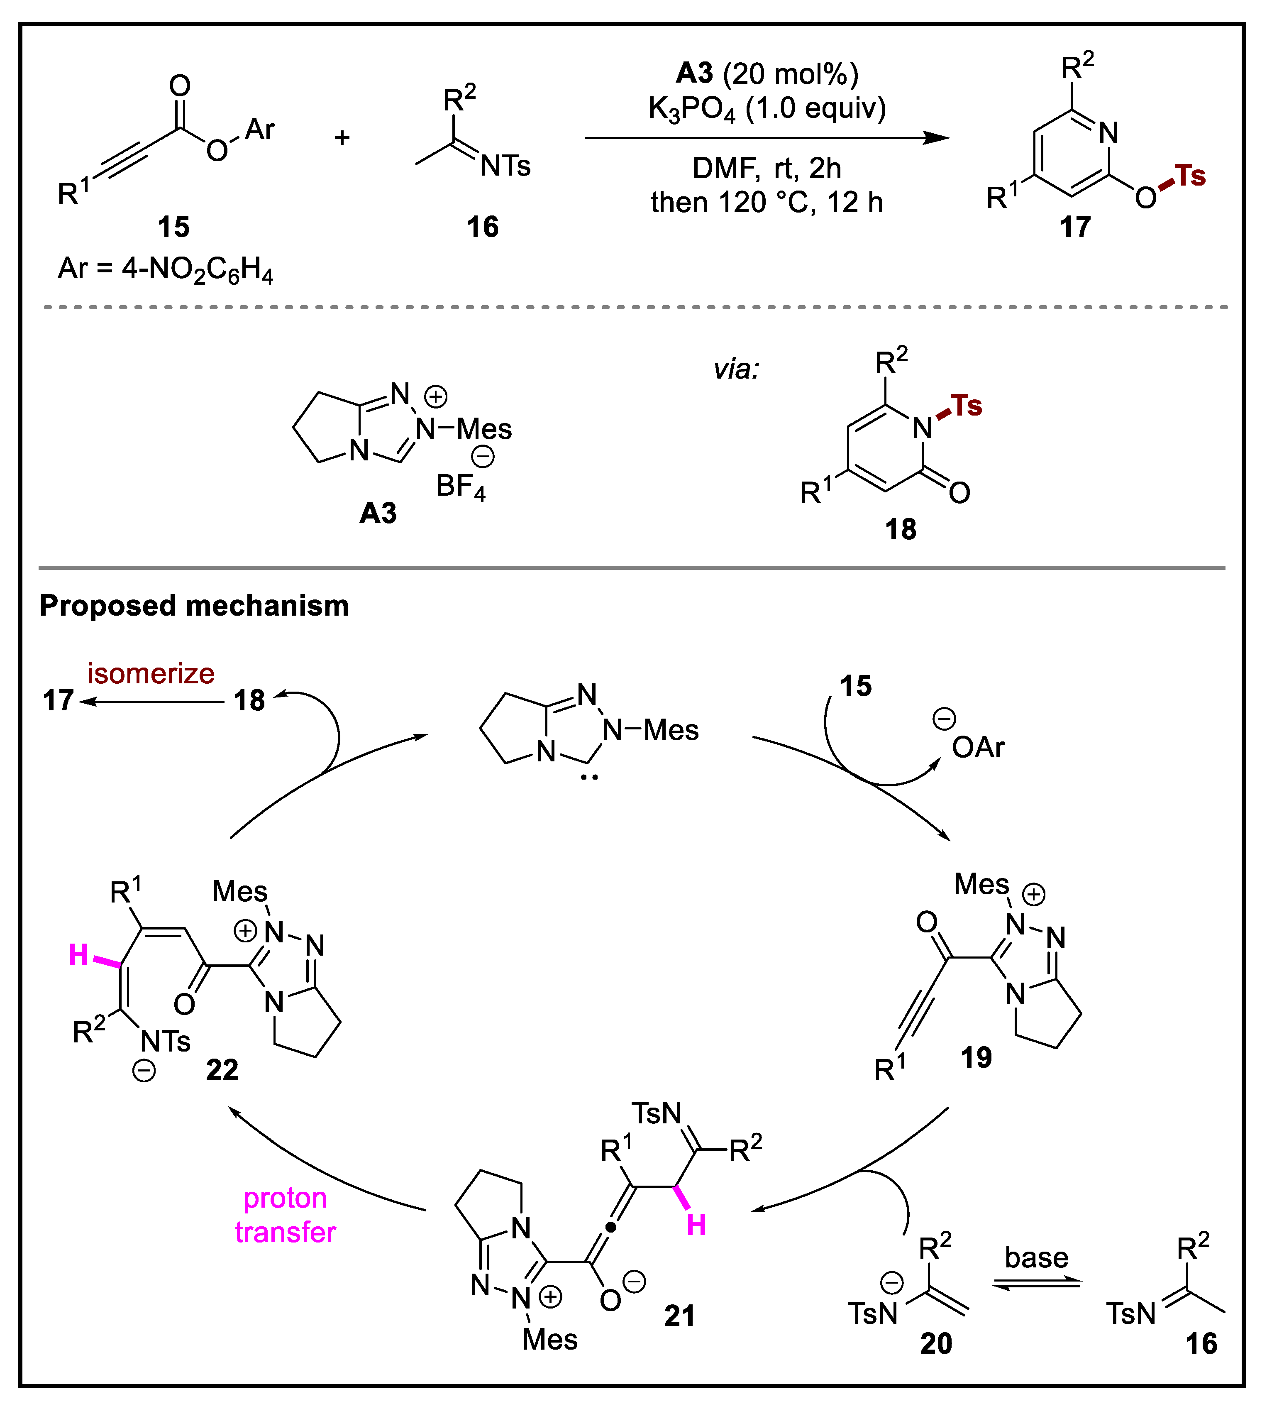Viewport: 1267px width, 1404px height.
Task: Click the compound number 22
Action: click(x=222, y=1070)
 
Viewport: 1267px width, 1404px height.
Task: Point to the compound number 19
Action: click(x=976, y=1057)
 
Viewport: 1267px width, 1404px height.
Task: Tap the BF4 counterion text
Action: click(x=459, y=486)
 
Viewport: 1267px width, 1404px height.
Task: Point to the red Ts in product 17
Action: click(x=1190, y=176)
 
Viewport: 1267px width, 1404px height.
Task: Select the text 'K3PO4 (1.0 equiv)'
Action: click(x=767, y=109)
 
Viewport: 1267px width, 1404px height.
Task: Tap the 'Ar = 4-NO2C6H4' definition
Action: click(x=166, y=269)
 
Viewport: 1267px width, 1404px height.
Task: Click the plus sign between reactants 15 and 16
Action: click(x=342, y=138)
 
